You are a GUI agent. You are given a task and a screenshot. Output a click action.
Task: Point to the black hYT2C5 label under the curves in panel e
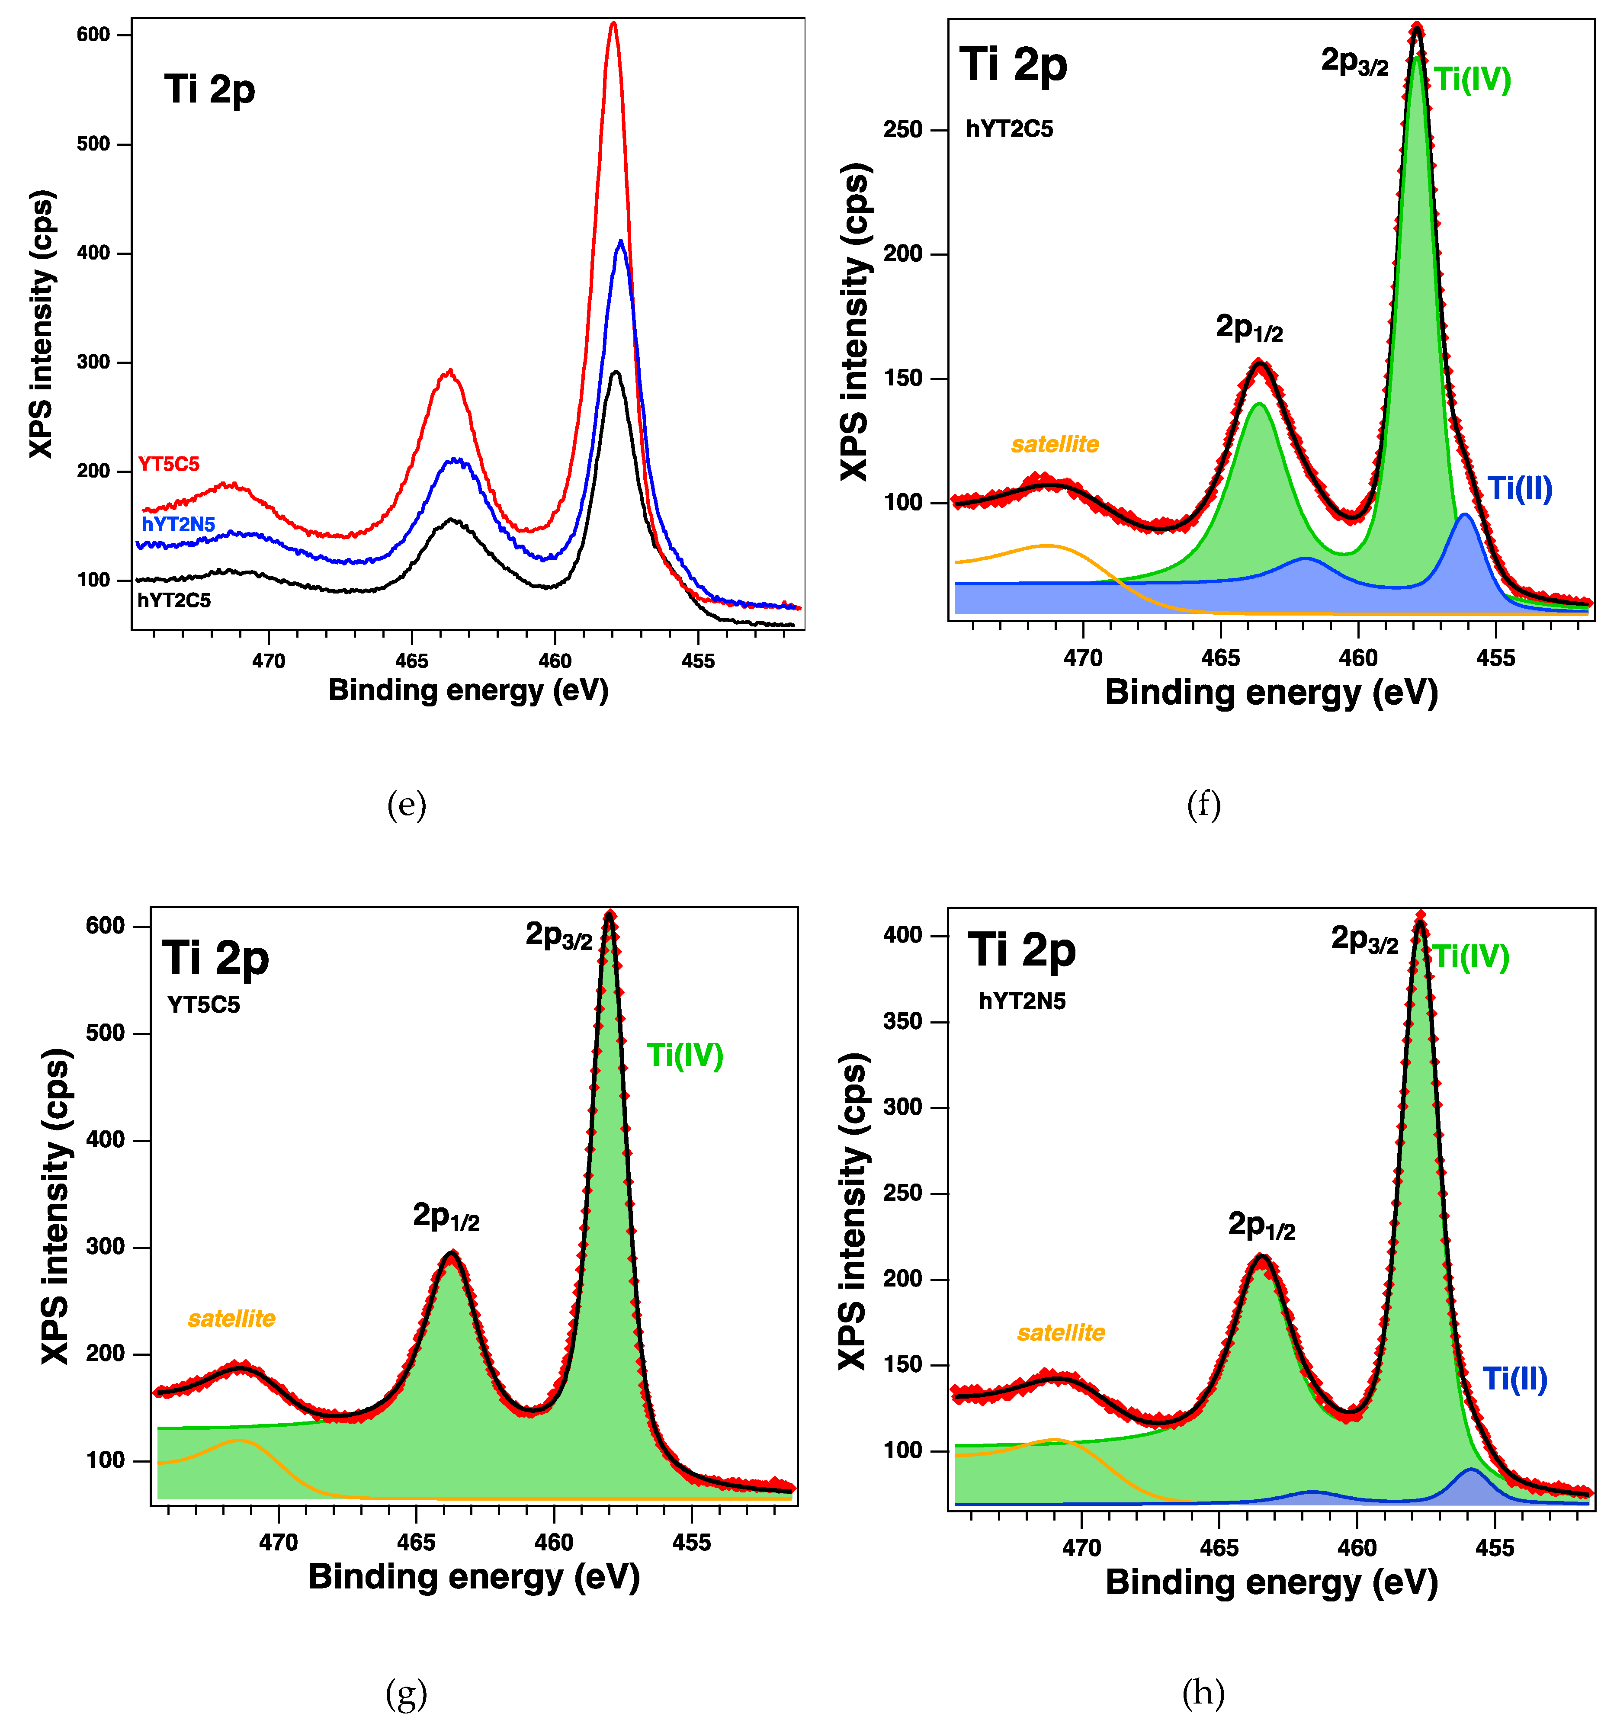pos(173,600)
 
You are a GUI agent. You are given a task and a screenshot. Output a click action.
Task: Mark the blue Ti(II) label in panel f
pos(1520,489)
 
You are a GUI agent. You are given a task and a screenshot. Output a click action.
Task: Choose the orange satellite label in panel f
pos(1055,445)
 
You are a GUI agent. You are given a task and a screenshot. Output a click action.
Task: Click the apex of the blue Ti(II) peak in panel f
pos(1464,515)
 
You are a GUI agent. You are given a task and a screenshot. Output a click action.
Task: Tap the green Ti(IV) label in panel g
pos(685,1056)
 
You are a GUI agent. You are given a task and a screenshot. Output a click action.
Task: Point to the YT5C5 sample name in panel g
pos(204,1004)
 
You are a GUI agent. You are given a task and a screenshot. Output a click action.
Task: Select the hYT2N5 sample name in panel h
pos(1022,1001)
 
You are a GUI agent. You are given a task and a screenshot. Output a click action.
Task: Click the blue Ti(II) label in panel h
pos(1515,1379)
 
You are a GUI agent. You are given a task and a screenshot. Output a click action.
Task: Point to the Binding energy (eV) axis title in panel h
pos(1271,1582)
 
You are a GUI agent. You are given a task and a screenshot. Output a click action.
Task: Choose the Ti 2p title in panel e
pos(210,89)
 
